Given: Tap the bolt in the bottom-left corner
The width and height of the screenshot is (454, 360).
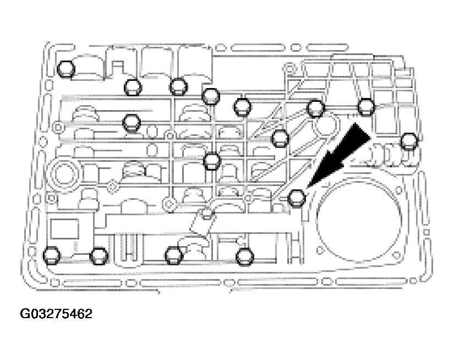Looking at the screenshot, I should coord(51,254).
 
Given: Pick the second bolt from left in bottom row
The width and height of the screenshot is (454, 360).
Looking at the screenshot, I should coord(99,255).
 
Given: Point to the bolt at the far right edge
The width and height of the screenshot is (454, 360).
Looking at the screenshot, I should coord(408,140).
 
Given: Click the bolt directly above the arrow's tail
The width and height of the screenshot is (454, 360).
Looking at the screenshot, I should coord(367,106).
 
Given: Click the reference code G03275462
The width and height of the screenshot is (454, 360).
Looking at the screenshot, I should coord(56,314).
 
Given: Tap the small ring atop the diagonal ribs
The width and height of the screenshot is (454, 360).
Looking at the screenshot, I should coord(287,69).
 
